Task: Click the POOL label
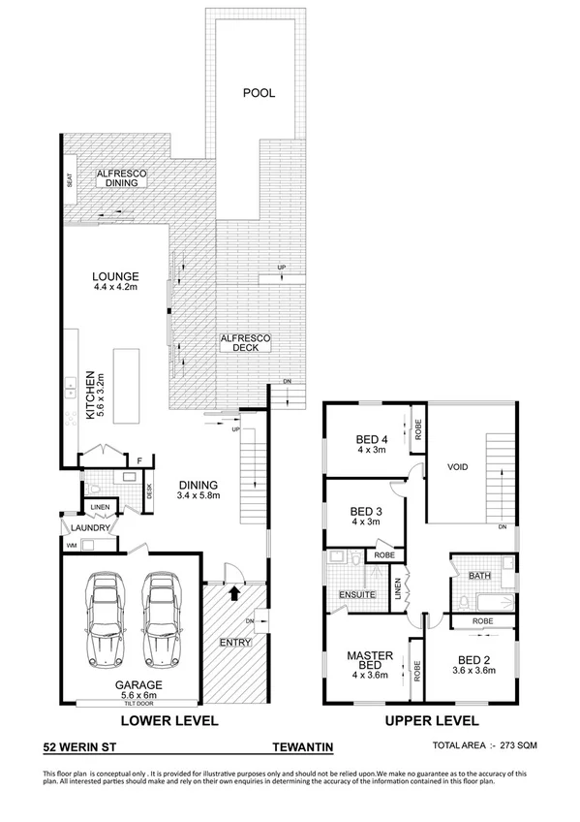point(259,94)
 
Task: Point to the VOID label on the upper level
point(457,467)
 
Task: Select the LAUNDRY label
point(88,527)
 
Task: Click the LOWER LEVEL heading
point(168,721)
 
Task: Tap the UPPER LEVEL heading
point(433,721)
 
